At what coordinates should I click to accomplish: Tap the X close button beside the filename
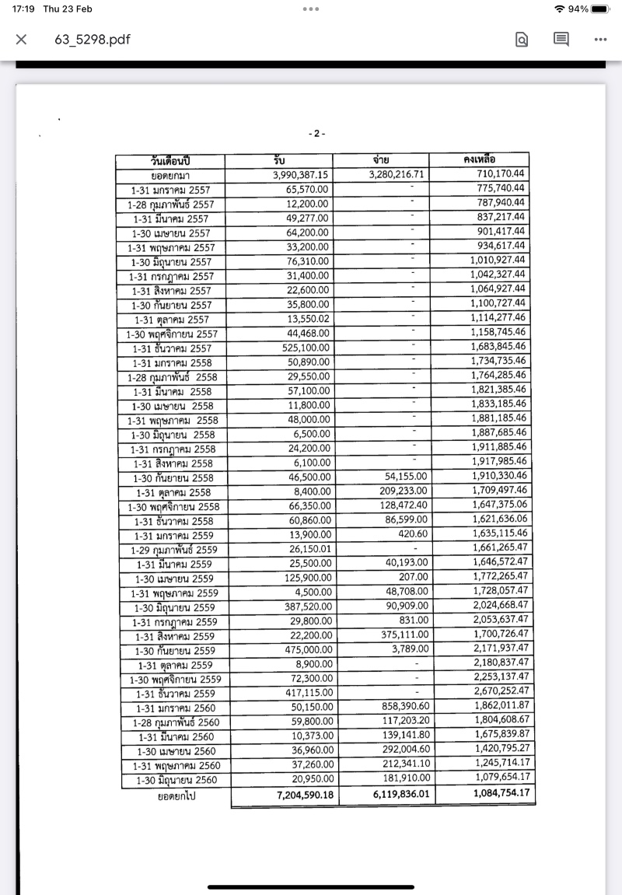tap(22, 40)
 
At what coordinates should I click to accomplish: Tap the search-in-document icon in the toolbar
tap(522, 40)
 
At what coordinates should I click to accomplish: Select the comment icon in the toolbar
tap(561, 39)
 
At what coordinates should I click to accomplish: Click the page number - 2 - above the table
tap(317, 134)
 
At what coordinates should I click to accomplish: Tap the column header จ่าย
tap(381, 160)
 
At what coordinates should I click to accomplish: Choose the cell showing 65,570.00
tap(307, 189)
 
